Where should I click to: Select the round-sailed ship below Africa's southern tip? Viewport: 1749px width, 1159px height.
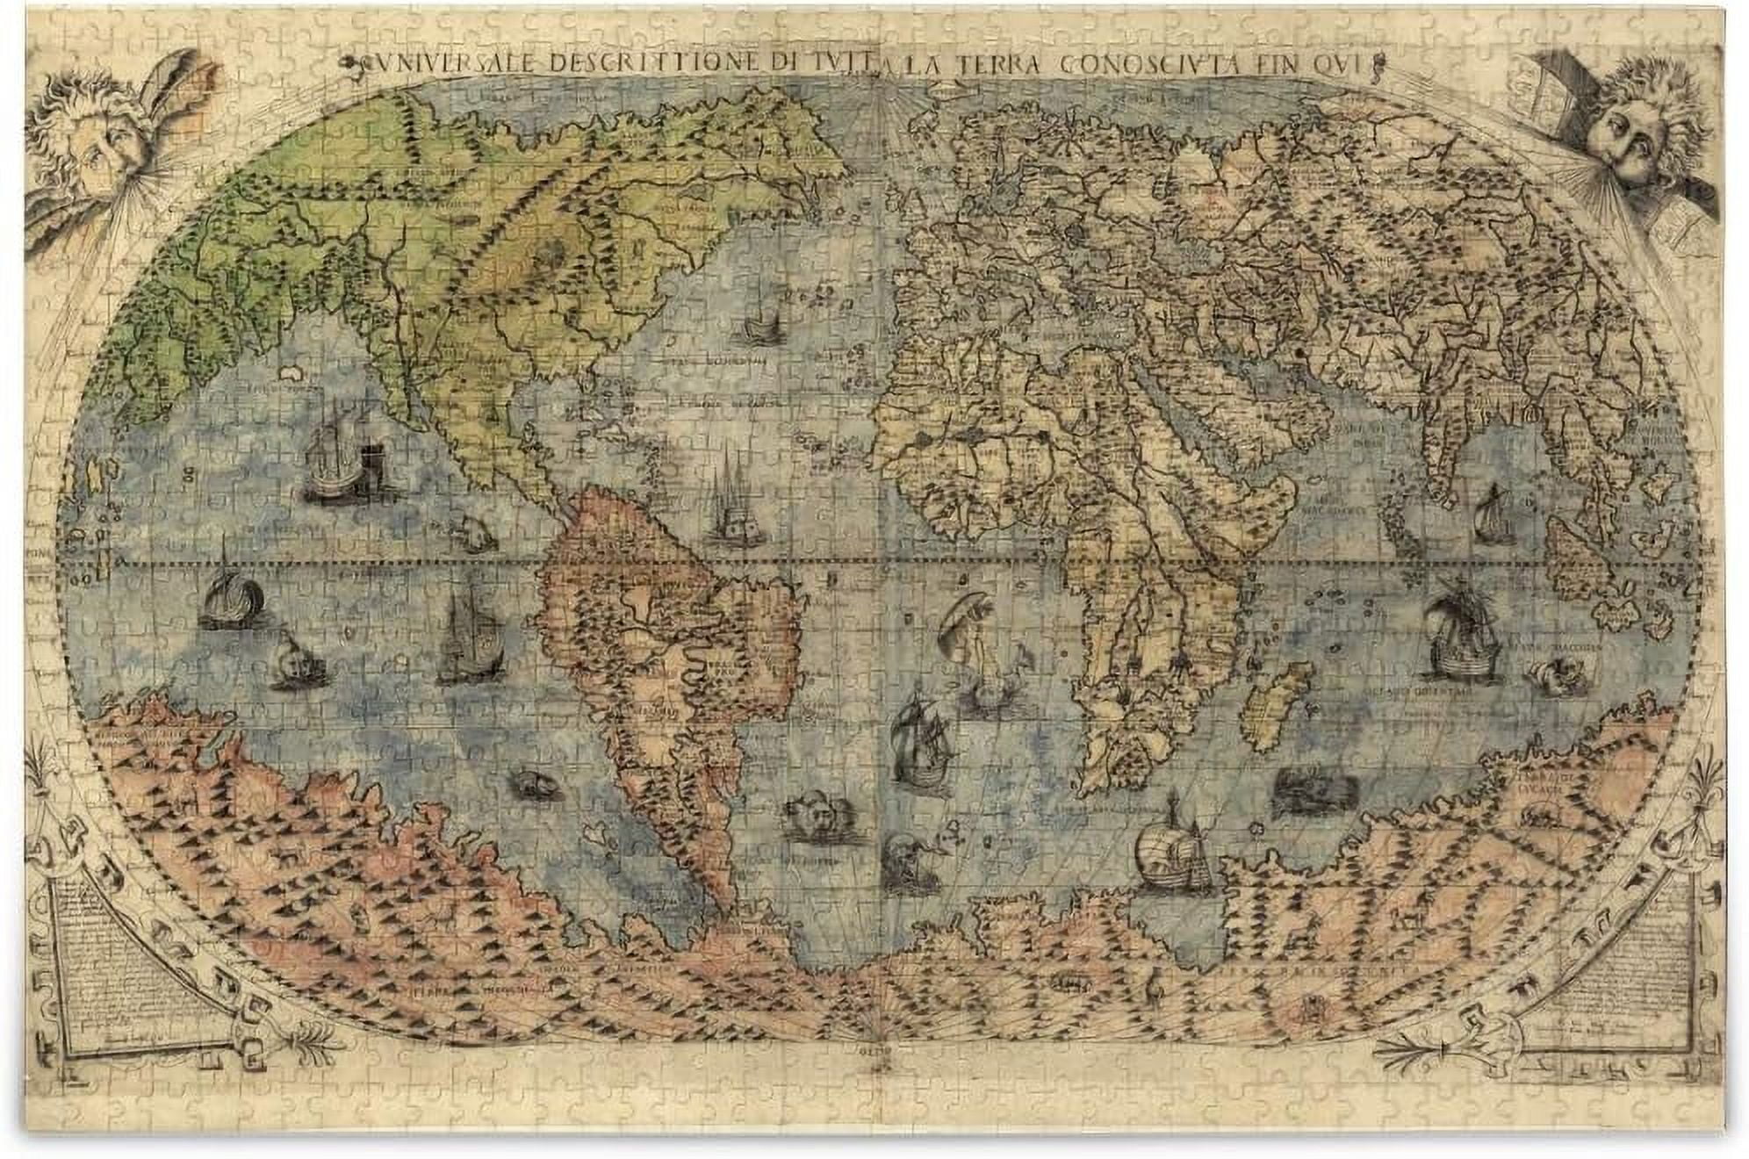pyautogui.click(x=1172, y=852)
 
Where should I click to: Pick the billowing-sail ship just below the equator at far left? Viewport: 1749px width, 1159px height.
pyautogui.click(x=231, y=597)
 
